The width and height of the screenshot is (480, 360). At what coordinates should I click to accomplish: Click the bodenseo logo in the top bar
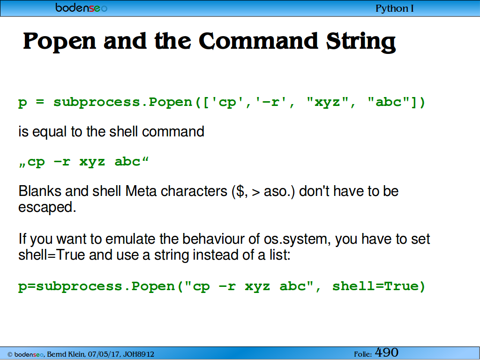pyautogui.click(x=81, y=7)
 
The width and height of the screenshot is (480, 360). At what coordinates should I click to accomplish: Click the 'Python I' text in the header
pyautogui.click(x=395, y=8)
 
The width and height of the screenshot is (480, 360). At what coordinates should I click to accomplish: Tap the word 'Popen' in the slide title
pyautogui.click(x=60, y=41)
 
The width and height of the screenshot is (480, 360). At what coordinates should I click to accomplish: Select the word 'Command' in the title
pyautogui.click(x=259, y=41)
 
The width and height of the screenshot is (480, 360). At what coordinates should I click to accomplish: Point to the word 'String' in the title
pyautogui.click(x=361, y=42)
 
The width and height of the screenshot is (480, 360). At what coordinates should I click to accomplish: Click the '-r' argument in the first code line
pyautogui.click(x=270, y=102)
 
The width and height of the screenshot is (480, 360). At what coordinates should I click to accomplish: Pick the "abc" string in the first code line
pyautogui.click(x=389, y=102)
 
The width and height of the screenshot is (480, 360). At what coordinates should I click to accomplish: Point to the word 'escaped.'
pyautogui.click(x=47, y=207)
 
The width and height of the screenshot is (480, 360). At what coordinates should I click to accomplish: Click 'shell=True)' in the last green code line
pyautogui.click(x=379, y=286)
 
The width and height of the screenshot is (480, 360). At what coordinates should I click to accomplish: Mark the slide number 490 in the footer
pyautogui.click(x=387, y=352)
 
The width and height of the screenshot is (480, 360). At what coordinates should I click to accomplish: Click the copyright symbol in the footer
pyautogui.click(x=10, y=354)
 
